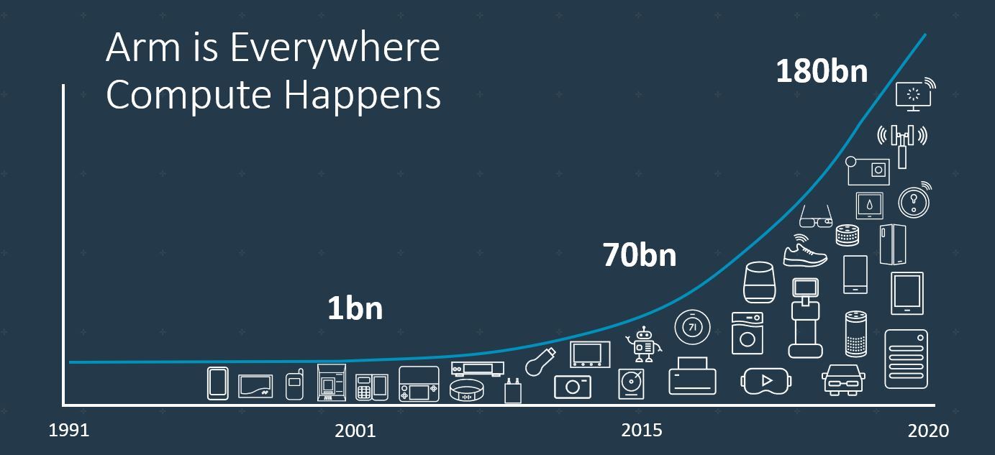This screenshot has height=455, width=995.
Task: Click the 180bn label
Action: pyautogui.click(x=822, y=73)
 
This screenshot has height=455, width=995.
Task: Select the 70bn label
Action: pyautogui.click(x=640, y=255)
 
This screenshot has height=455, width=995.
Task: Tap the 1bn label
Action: pyautogui.click(x=355, y=308)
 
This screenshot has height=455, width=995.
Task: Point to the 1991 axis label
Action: pyautogui.click(x=69, y=431)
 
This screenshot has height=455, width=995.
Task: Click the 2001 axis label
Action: pyautogui.click(x=355, y=431)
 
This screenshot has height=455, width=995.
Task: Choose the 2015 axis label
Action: pyautogui.click(x=642, y=431)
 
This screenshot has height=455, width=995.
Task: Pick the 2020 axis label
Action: pyautogui.click(x=928, y=431)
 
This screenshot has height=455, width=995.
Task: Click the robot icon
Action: pyautogui.click(x=643, y=344)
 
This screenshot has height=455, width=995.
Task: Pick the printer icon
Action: pyautogui.click(x=692, y=377)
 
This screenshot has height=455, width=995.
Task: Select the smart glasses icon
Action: pyautogui.click(x=815, y=216)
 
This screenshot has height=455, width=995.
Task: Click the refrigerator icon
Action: pyautogui.click(x=892, y=245)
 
